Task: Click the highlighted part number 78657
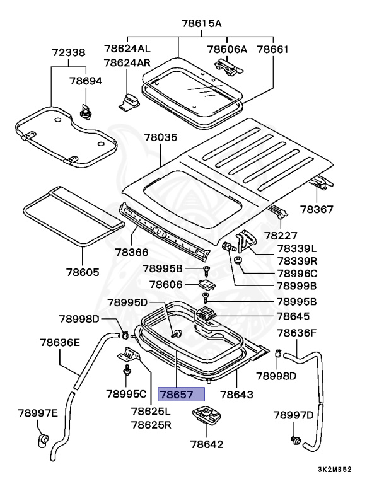(182, 395)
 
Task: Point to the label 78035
(161, 137)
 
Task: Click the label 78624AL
(128, 49)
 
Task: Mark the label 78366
(132, 252)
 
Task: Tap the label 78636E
(60, 343)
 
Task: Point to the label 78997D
(293, 415)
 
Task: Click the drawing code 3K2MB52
(334, 470)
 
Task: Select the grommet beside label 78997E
(44, 439)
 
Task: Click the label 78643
(236, 395)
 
